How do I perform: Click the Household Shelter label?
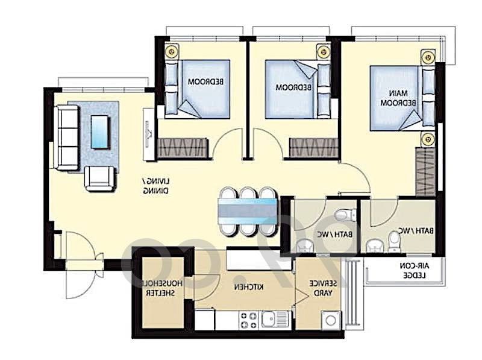click(x=160, y=288)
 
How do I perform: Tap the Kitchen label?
click(x=249, y=288)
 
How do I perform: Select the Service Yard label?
click(x=323, y=288)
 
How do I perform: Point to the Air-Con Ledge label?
click(x=414, y=271)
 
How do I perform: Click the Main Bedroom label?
click(x=398, y=98)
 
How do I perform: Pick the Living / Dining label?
click(x=156, y=186)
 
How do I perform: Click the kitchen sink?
click(x=276, y=320)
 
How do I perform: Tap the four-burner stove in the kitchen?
click(x=248, y=320)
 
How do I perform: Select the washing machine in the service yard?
click(x=331, y=320)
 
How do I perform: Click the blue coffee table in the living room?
click(x=99, y=132)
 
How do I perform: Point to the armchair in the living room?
click(x=99, y=178)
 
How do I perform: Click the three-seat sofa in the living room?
click(x=66, y=137)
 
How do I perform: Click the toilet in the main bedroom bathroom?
click(x=393, y=242)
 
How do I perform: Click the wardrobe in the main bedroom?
click(x=426, y=171)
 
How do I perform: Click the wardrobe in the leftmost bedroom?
click(x=183, y=148)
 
